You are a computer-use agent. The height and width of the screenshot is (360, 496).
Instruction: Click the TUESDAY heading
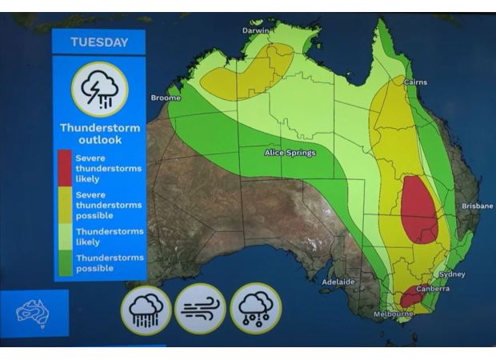[x=98, y=42]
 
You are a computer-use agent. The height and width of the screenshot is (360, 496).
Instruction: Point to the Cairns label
[x=415, y=82]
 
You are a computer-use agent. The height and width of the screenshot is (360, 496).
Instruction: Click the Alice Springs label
[x=290, y=153]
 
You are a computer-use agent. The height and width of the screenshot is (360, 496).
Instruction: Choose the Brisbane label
[x=477, y=206]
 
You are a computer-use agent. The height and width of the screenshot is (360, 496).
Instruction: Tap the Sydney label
[x=451, y=274]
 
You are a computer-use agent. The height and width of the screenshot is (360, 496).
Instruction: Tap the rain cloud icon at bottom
[x=146, y=308]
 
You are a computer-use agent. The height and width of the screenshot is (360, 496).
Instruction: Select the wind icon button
[x=200, y=308]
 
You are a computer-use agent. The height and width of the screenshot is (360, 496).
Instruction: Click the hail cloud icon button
[x=255, y=308]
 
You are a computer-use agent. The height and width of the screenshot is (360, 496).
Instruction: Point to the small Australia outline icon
[x=34, y=313]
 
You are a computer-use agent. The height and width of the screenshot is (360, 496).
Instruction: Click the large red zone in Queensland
[x=418, y=210]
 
